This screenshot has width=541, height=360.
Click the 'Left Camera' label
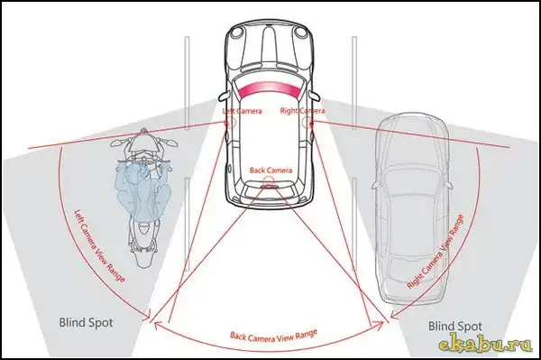(242, 111)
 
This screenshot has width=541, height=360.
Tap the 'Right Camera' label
(302, 111)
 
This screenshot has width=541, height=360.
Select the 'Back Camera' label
(270, 171)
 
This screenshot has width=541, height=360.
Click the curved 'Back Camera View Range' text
(273, 336)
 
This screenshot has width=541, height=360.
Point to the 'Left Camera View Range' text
(99, 245)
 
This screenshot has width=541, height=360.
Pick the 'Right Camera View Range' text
(436, 252)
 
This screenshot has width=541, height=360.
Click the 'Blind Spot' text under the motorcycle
(86, 323)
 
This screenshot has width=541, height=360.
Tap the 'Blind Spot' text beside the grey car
(455, 327)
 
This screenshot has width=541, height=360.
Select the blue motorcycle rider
(142, 189)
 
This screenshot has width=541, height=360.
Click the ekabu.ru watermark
(486, 345)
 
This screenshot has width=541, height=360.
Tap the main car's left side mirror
(225, 96)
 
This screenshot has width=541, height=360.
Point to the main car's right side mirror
(315, 96)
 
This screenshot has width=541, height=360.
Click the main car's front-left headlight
(237, 32)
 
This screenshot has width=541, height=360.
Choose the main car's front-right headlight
(300, 32)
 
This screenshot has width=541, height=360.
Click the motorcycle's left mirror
(117, 143)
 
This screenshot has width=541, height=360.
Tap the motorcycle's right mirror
(170, 143)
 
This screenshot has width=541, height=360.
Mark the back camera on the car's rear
(268, 186)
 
